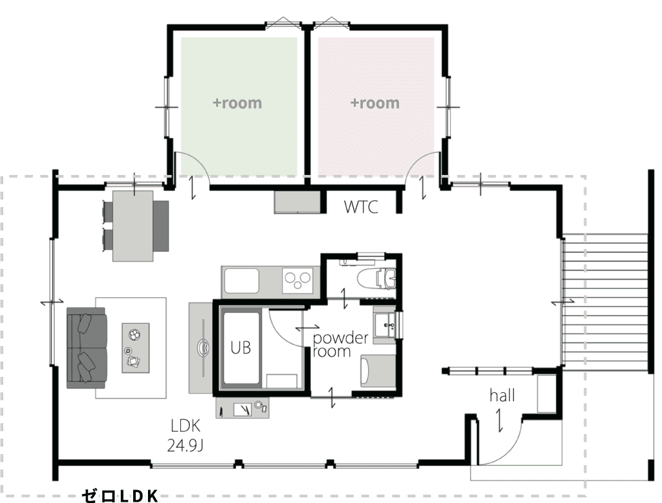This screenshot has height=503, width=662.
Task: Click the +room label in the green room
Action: (237, 103)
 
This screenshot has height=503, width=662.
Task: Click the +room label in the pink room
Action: (375, 103)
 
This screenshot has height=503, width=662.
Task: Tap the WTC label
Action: (361, 207)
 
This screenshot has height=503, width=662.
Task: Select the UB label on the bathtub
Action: (241, 348)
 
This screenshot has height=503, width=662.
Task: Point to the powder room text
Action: (340, 344)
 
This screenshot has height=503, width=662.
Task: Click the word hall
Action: (502, 396)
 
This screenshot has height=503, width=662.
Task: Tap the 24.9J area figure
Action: (185, 445)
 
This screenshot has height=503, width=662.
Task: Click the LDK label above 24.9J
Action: (185, 426)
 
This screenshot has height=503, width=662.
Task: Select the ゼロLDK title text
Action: (120, 496)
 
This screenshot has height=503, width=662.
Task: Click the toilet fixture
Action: (376, 278)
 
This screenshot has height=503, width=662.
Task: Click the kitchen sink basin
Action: (241, 280)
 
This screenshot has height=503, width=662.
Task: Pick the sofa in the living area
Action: (87, 348)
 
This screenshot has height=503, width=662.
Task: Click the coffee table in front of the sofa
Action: (136, 348)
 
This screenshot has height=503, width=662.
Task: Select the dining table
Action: (133, 226)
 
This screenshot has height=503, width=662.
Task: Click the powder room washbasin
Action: (384, 325)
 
